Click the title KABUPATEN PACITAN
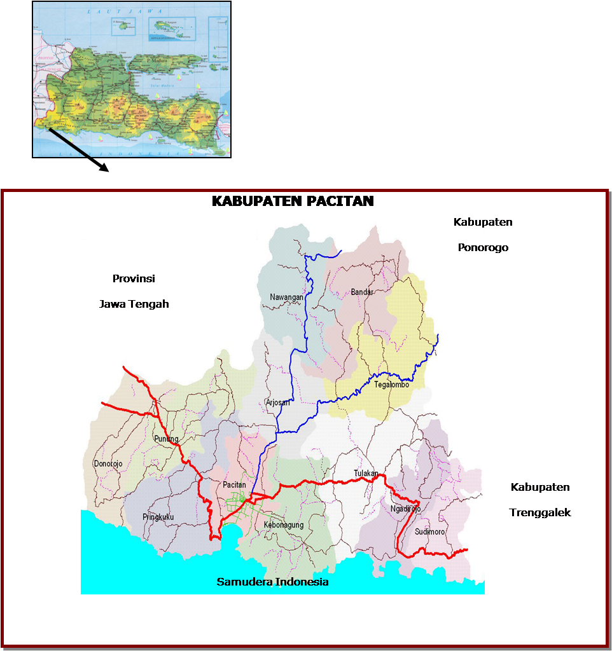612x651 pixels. click(292, 201)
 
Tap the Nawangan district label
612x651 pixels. click(286, 297)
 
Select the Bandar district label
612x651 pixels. click(361, 292)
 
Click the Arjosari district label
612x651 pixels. click(278, 402)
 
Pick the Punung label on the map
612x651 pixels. click(166, 439)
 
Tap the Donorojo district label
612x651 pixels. click(108, 463)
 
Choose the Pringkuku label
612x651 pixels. click(158, 517)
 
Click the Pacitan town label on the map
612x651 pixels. click(234, 485)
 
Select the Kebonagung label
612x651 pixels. click(283, 525)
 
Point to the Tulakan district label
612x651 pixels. click(366, 473)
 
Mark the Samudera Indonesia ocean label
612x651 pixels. click(272, 582)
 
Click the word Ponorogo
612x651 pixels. click(483, 247)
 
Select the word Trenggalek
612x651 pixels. click(540, 512)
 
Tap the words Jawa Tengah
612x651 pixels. click(134, 304)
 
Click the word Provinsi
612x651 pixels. click(134, 278)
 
